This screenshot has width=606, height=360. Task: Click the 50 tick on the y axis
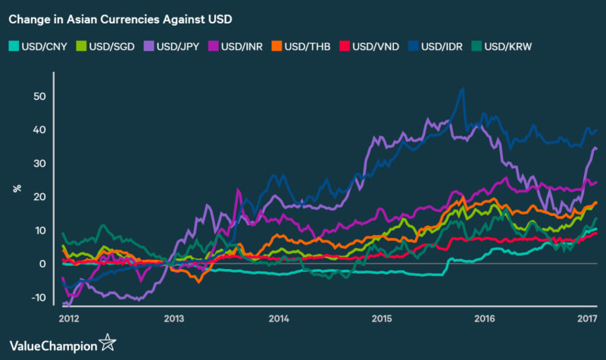39,96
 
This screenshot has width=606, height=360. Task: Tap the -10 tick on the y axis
38,297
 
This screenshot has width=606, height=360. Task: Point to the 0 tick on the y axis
43,264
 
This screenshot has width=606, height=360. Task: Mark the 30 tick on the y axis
39,164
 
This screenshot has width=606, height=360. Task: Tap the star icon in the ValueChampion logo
108,342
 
